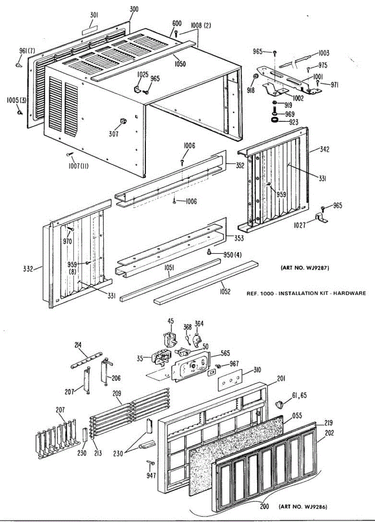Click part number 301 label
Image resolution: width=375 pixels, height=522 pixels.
(x=94, y=15)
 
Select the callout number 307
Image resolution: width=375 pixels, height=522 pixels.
(x=114, y=134)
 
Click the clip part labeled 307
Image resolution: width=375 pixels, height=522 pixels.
(x=123, y=120)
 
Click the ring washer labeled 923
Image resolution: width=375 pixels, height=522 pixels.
(x=275, y=120)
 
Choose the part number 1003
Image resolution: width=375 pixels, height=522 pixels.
(x=323, y=54)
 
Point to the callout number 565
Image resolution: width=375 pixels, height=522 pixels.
(x=225, y=353)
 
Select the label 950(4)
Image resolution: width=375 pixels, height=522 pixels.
(x=232, y=255)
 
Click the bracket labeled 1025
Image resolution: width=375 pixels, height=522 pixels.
(x=137, y=89)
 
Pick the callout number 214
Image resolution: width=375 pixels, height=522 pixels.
(x=78, y=345)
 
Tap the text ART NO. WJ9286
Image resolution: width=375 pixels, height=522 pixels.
(x=303, y=507)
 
